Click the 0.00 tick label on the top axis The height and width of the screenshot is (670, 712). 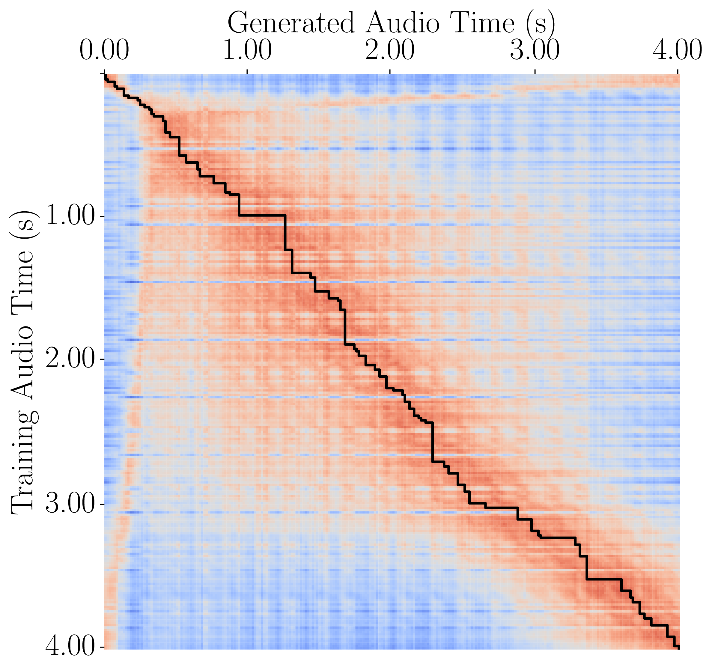click(104, 51)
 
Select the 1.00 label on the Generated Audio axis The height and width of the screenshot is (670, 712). click(247, 51)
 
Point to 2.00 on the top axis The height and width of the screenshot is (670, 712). click(390, 51)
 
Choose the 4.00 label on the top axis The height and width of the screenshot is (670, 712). click(677, 51)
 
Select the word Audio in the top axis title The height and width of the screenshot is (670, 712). click(402, 23)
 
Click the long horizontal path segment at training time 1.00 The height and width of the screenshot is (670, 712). click(262, 215)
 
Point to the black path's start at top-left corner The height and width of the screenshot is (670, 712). click(105, 74)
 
